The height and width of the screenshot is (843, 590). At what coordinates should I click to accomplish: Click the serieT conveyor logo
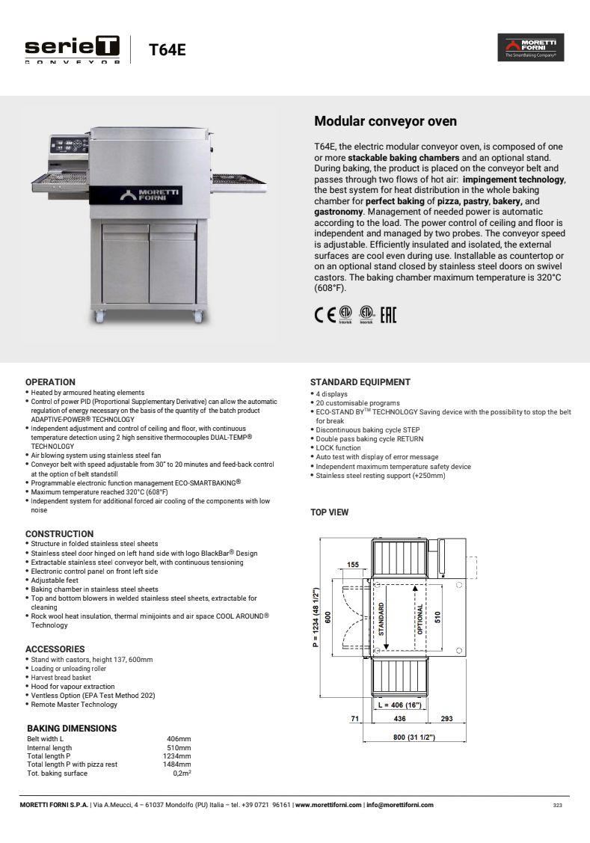coord(73,50)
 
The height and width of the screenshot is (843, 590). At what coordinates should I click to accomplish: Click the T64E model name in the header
coord(167,50)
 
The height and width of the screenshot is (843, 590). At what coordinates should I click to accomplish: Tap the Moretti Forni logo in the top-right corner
coord(530,47)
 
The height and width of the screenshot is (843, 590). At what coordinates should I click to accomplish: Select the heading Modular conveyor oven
coord(385,121)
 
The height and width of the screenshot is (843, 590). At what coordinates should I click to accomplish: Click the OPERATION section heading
coord(50,382)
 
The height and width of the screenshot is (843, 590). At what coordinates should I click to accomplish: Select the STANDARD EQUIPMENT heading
coord(360,382)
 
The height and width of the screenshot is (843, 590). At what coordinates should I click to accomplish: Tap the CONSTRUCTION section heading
coord(59,534)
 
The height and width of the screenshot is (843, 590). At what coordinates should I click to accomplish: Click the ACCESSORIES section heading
coord(55,649)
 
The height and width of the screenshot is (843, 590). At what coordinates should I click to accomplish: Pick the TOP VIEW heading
coord(329,512)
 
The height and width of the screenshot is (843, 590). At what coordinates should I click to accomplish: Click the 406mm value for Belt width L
coord(178,739)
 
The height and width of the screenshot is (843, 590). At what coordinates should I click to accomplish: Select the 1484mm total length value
coord(176,764)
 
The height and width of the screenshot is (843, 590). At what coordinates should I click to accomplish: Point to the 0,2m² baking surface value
coord(181,773)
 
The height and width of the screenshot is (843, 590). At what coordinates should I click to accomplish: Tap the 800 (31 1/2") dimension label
coord(405,738)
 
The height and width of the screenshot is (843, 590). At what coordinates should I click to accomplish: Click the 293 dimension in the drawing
coord(446,719)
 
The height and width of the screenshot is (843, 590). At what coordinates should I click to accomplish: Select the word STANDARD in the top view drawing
coord(381,619)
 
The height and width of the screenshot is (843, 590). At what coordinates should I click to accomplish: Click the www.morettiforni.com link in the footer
coord(328,805)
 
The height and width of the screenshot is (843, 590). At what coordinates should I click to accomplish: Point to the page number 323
coord(557,806)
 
